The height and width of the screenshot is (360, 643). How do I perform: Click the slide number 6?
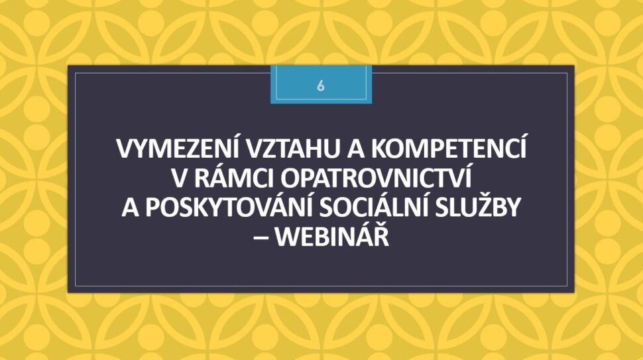(x=321, y=86)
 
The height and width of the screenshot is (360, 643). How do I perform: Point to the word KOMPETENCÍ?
(x=449, y=148)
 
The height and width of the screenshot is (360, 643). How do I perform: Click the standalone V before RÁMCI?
(x=179, y=179)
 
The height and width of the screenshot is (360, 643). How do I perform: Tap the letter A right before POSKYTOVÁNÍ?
(x=130, y=208)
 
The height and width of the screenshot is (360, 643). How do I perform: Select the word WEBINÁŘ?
(x=331, y=237)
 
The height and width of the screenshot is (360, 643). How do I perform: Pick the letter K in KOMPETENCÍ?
(x=379, y=149)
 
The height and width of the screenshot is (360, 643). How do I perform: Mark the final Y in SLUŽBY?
(x=513, y=208)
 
